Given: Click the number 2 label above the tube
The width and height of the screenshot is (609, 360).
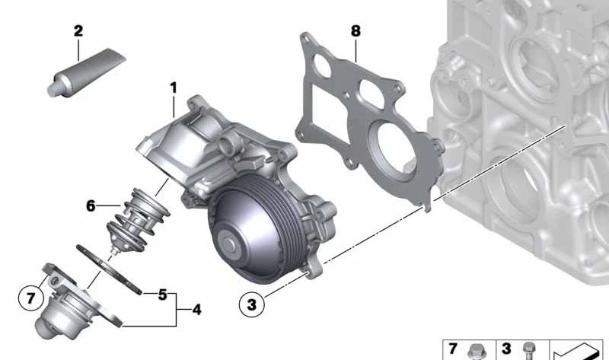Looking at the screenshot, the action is pos(78,31).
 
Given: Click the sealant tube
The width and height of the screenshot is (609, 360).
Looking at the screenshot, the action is pos(86,72).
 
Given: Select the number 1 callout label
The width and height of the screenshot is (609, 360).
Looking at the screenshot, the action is pos(174,88).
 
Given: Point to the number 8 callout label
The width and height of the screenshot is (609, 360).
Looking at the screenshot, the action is pos(356,31).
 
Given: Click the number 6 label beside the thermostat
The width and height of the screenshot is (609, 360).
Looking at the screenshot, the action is pos(91,205).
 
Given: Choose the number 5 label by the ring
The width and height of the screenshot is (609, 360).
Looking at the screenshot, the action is pos(163,295).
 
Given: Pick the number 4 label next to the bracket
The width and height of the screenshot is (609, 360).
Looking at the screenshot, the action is pos(197,310).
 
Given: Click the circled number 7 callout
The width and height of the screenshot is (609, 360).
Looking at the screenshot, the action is pos(31,298).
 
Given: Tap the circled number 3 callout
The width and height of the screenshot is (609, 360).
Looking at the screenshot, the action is pos(252,304).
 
